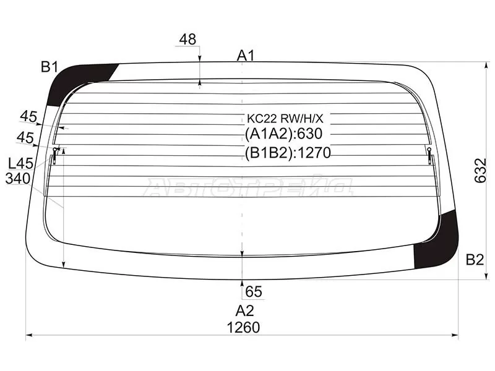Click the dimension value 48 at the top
187,40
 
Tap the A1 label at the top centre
246,56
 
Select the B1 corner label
49,67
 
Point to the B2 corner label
475,260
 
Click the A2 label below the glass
244,311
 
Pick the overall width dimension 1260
243,328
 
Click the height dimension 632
481,171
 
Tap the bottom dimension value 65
254,291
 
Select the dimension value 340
18,179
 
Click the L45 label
20,163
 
